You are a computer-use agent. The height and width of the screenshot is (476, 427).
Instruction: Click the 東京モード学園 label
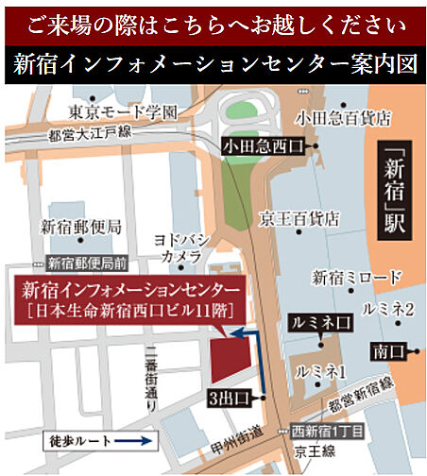pyautogui.click(x=123, y=111)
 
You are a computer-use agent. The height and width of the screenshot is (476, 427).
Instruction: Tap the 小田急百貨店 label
pyautogui.click(x=342, y=119)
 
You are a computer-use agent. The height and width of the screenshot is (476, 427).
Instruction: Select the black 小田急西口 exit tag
pyautogui.click(x=264, y=146)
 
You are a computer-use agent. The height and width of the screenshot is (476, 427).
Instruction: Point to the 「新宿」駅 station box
pyautogui.click(x=398, y=190)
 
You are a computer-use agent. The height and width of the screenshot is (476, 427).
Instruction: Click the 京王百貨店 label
pyautogui.click(x=300, y=217)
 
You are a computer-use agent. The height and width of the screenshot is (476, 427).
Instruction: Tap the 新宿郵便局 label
pyautogui.click(x=81, y=227)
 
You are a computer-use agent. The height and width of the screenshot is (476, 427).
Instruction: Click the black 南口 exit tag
pyautogui.click(x=387, y=351)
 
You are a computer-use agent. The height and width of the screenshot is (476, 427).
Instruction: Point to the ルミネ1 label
pyautogui.click(x=319, y=370)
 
